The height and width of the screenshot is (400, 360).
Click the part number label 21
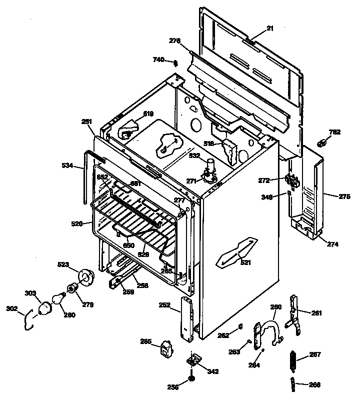click(x=270, y=29)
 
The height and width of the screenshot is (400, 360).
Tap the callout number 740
click(x=158, y=60)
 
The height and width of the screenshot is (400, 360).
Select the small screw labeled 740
click(x=175, y=62)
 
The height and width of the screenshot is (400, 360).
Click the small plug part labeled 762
click(x=322, y=143)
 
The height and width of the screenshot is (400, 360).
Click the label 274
click(x=333, y=244)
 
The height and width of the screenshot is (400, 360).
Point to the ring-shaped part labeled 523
click(x=86, y=276)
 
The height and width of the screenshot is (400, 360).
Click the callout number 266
click(x=315, y=385)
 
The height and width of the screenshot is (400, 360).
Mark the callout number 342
click(x=213, y=371)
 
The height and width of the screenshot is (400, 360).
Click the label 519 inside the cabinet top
click(x=148, y=114)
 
